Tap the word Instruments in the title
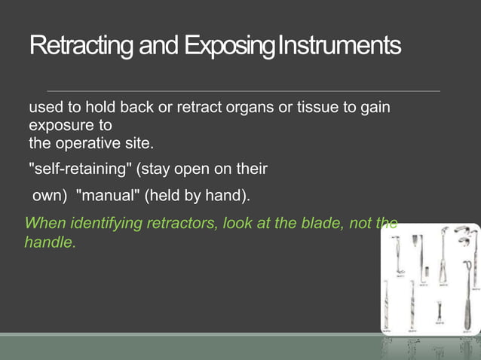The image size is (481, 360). coord(339,47)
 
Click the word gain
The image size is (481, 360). coord(375,108)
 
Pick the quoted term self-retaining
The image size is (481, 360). coord(79,166)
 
